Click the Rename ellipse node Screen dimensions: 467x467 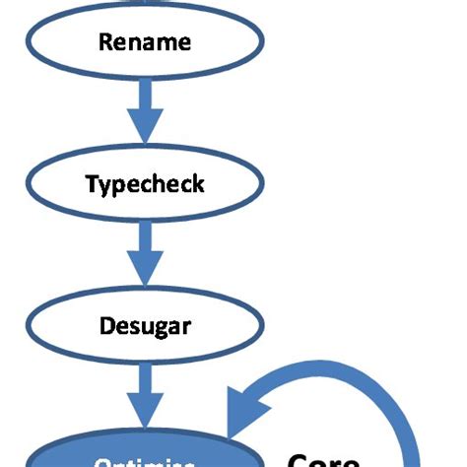point(145,42)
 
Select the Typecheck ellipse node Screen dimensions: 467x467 point(145,184)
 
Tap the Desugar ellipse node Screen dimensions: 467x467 point(145,326)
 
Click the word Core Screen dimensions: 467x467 point(325,459)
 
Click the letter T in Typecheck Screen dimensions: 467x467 point(91,184)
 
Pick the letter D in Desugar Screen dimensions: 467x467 point(106,326)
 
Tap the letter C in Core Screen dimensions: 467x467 point(298,459)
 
